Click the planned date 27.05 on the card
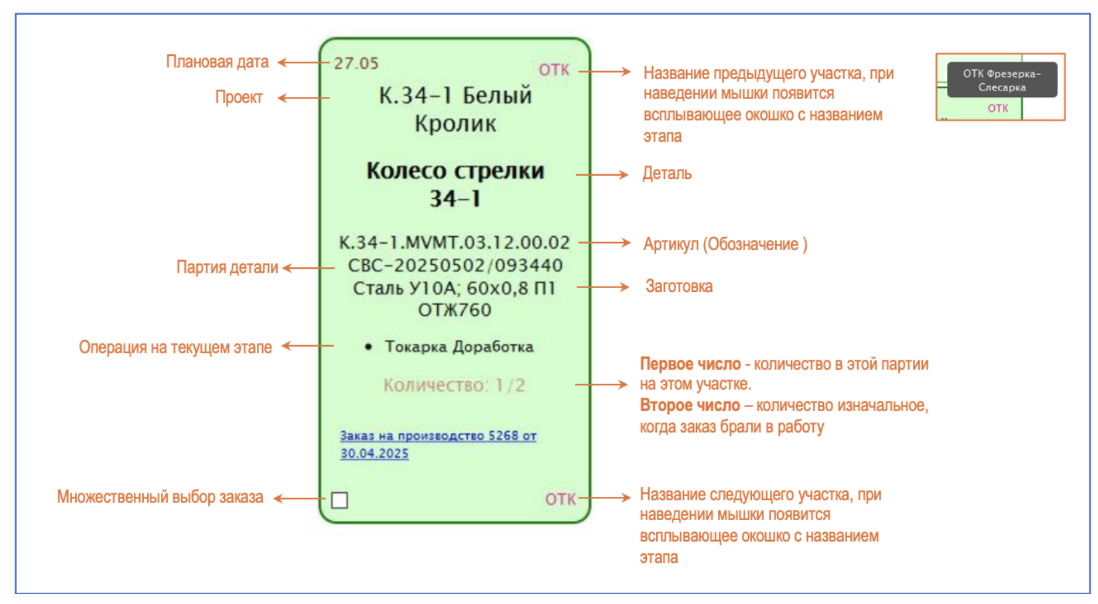click(356, 64)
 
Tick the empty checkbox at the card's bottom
click(339, 500)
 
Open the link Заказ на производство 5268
click(438, 436)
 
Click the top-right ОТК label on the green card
click(554, 70)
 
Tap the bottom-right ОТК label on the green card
click(560, 500)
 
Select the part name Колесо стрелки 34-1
click(455, 184)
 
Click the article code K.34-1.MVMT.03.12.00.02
click(455, 243)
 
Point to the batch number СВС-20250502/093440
click(455, 265)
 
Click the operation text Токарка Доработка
click(459, 347)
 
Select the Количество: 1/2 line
click(455, 385)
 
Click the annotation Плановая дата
click(217, 62)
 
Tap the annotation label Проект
click(239, 97)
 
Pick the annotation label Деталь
click(667, 174)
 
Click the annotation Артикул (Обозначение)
click(725, 244)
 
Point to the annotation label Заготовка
click(679, 287)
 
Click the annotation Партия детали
click(227, 267)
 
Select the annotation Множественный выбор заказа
click(160, 497)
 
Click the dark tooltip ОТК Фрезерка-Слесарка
click(1002, 80)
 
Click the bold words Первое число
click(690, 364)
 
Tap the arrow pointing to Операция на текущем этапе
click(307, 346)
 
